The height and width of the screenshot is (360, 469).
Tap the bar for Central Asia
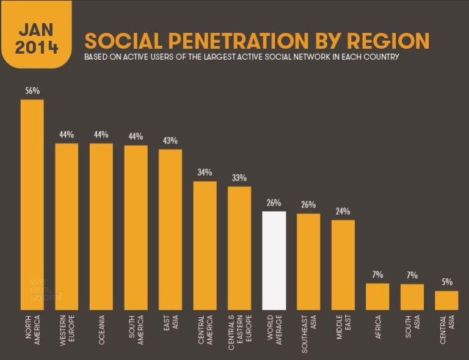[446, 300]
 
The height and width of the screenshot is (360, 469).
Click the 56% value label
[32, 91]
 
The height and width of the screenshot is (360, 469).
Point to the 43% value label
[170, 141]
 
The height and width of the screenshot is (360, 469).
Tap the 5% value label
[447, 283]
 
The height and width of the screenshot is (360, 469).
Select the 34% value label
[205, 173]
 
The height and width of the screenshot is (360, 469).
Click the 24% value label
[343, 212]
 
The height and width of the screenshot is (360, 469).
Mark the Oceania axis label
[101, 330]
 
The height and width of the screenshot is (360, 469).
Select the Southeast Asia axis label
[308, 331]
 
